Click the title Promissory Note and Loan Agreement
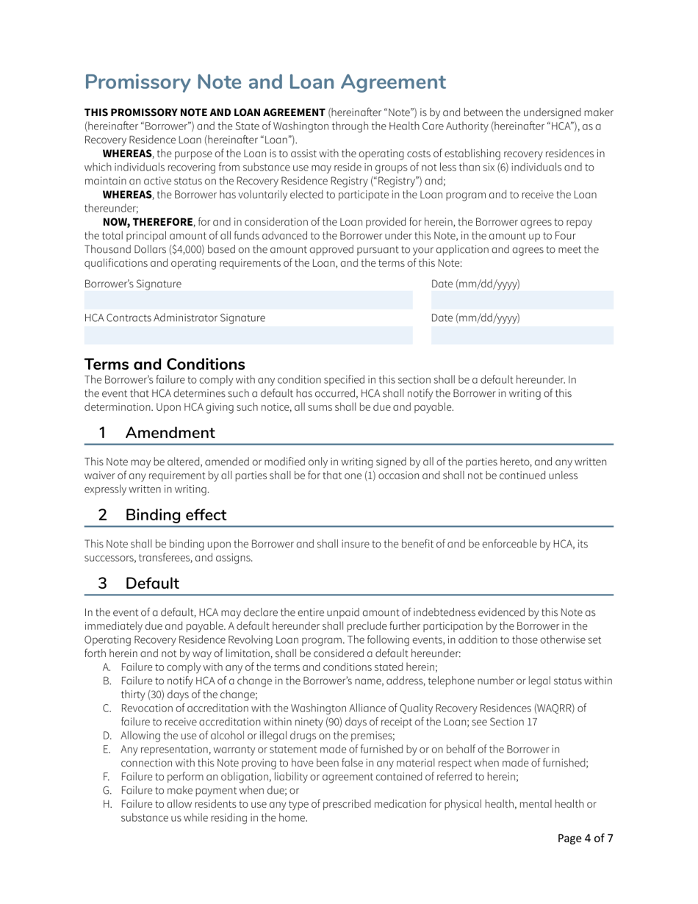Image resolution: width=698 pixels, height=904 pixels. (265, 81)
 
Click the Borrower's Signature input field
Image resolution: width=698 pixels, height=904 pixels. (248, 300)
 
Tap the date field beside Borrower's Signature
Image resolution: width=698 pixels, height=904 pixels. (522, 300)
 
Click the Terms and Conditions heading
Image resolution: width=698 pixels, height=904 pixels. (165, 364)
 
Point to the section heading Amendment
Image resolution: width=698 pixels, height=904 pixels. (170, 432)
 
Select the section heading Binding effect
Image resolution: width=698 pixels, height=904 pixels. (176, 514)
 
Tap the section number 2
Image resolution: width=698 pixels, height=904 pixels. (104, 514)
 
